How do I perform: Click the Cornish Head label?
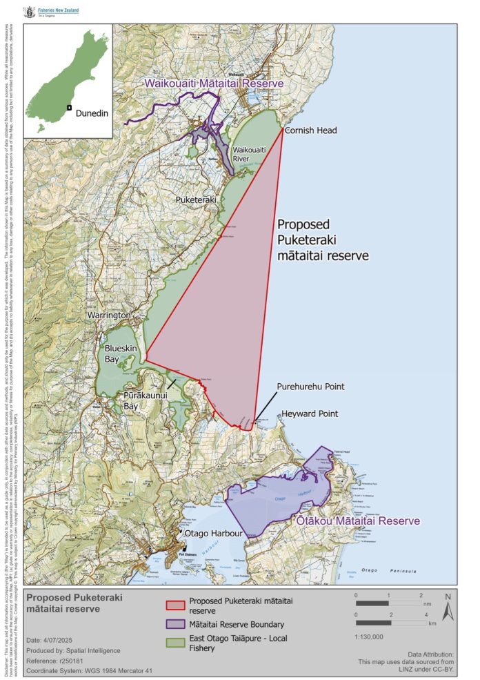[310, 130]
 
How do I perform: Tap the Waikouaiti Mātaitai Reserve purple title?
[214, 84]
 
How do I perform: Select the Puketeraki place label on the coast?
[196, 200]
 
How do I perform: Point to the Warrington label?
[109, 315]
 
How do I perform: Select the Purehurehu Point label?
[310, 387]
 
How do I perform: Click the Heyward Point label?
[310, 414]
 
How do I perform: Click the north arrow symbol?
[448, 608]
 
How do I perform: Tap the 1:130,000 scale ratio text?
[371, 637]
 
